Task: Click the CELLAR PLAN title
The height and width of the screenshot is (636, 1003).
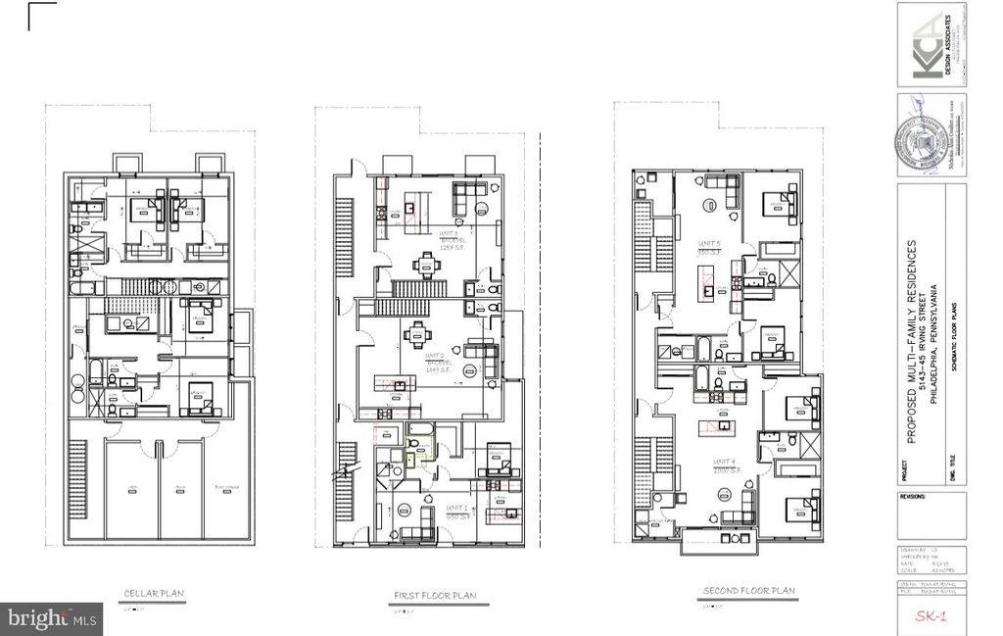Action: click(x=154, y=593)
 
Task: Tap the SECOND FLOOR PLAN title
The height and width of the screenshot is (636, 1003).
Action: click(x=748, y=591)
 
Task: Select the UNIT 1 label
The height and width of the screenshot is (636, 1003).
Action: click(x=457, y=508)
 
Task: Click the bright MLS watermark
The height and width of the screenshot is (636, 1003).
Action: click(x=51, y=618)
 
